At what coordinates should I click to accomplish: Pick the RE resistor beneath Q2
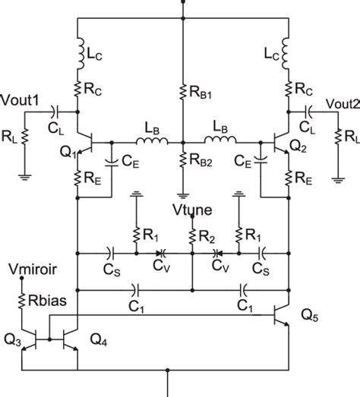[x=289, y=179]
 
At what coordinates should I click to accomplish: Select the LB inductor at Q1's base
[x=146, y=140]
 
